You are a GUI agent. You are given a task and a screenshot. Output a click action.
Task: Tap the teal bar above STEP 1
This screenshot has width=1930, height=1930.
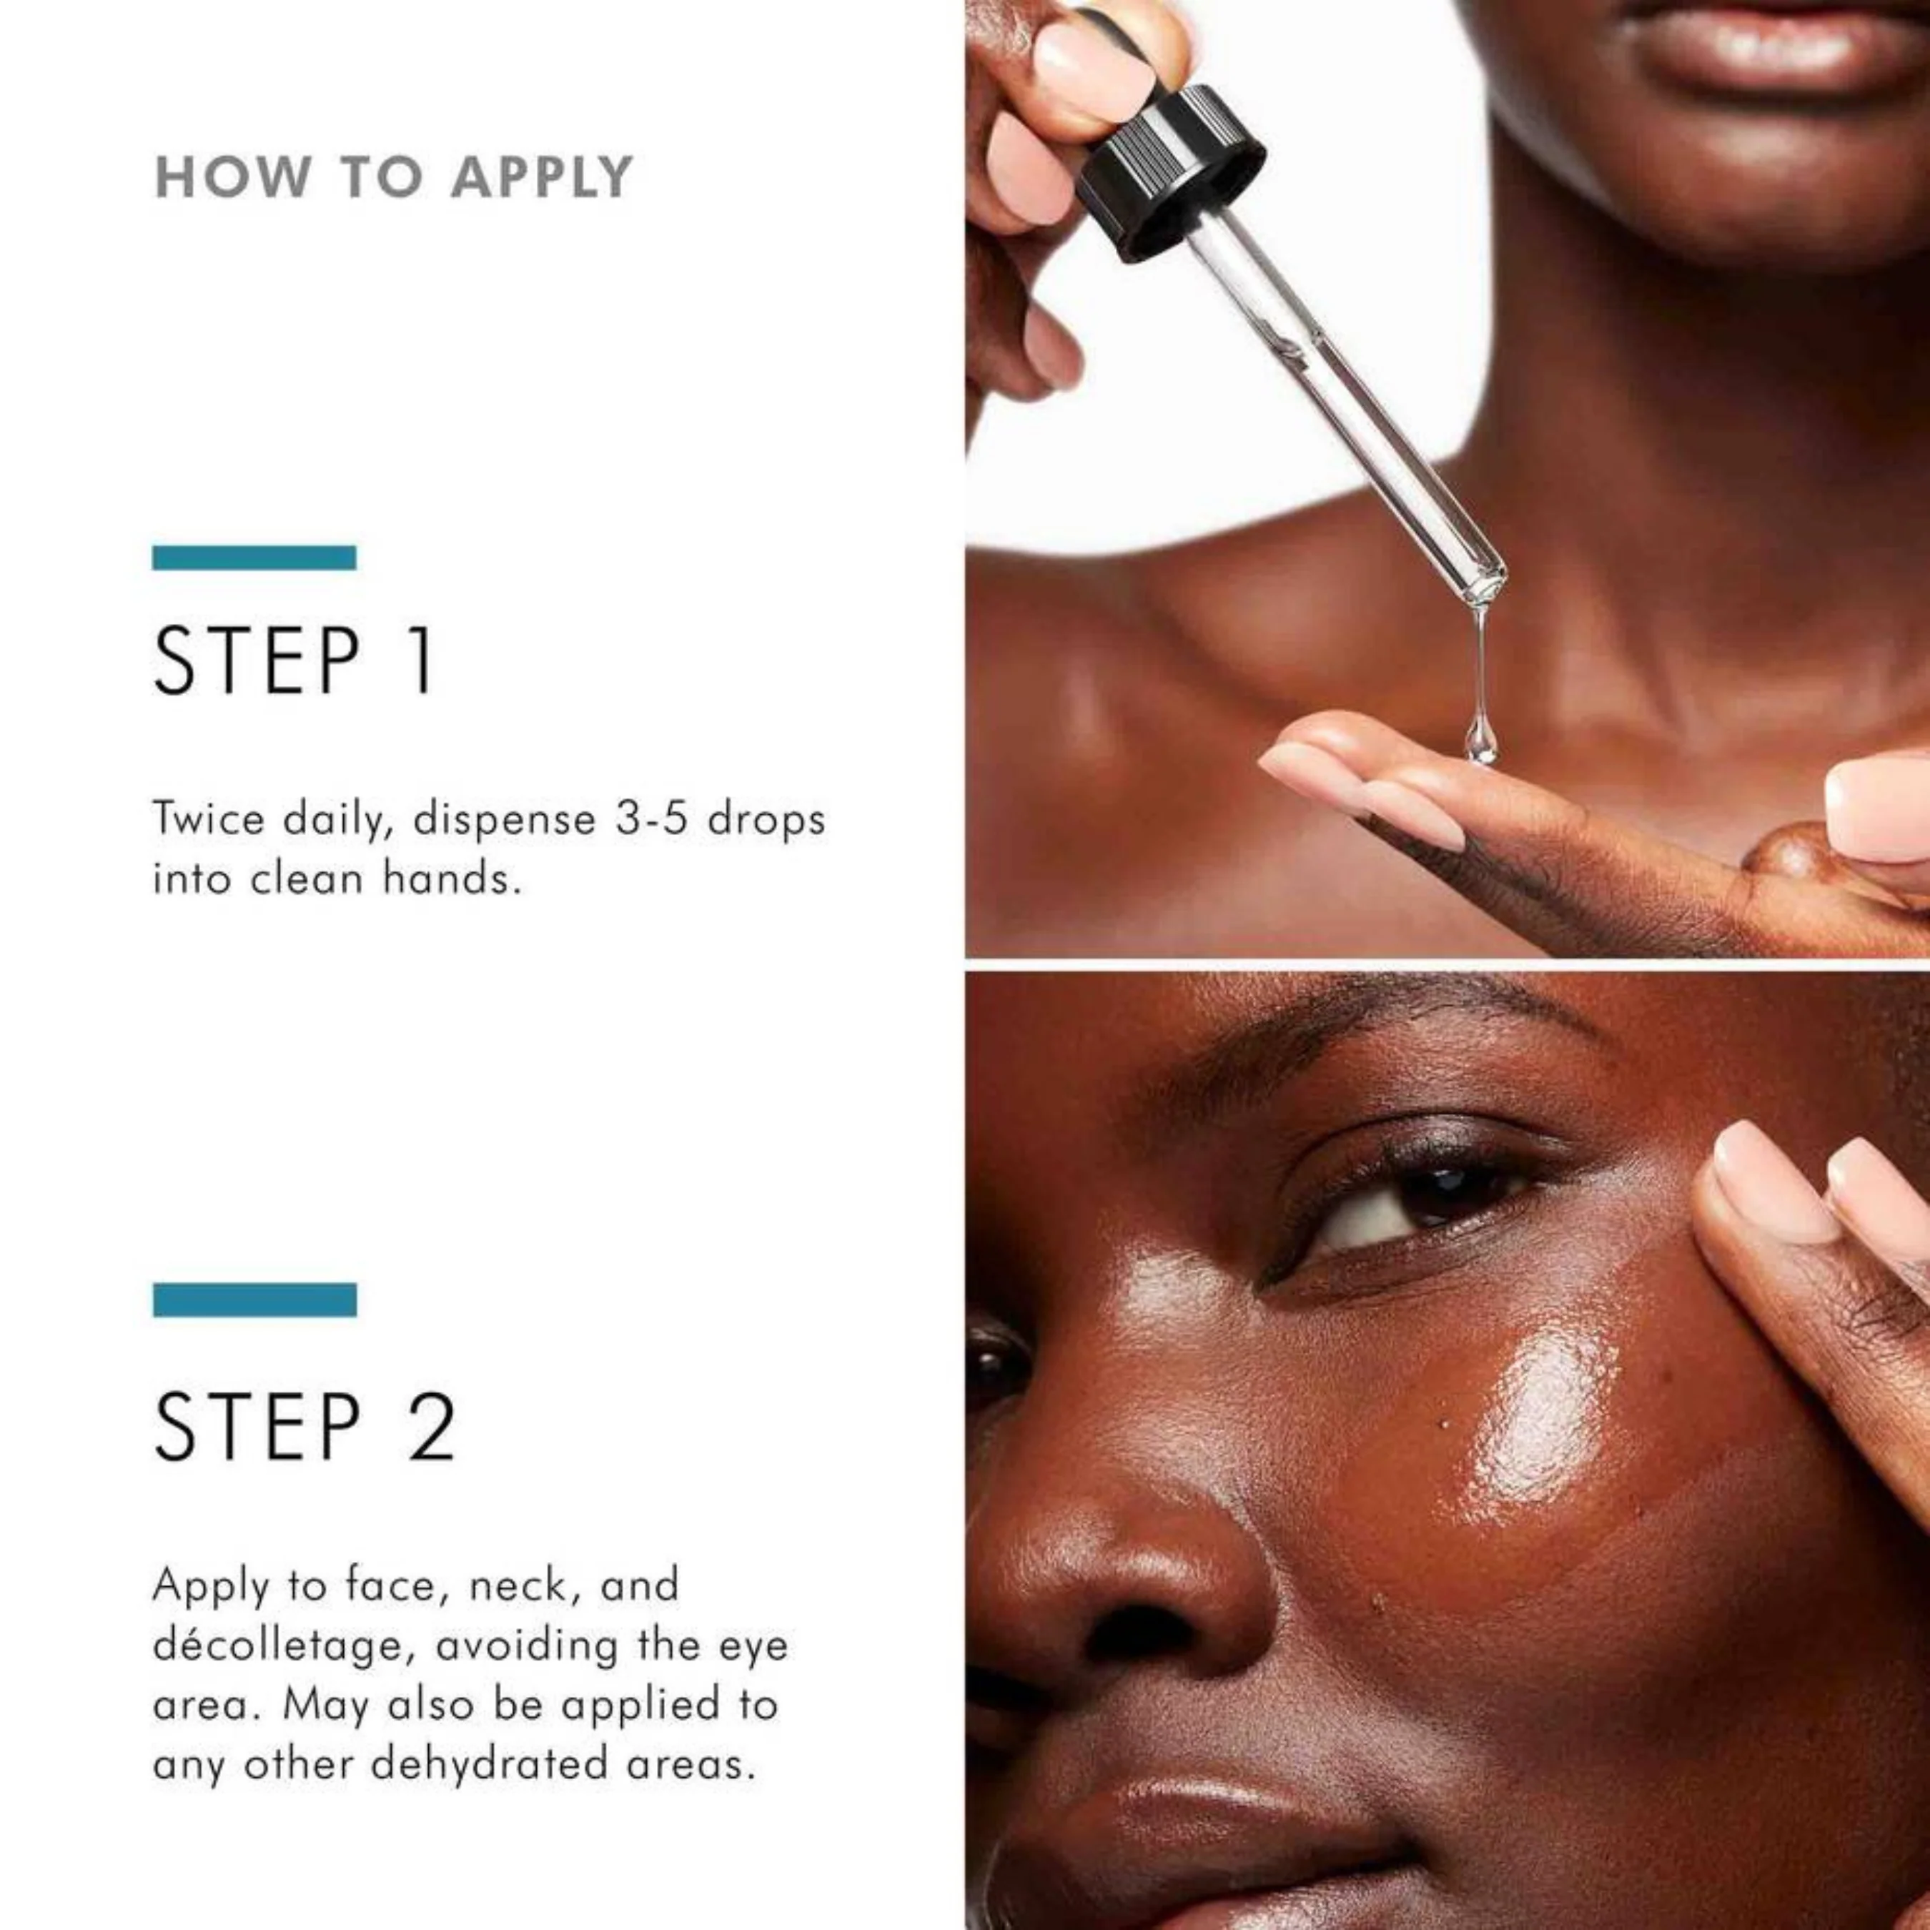coord(254,558)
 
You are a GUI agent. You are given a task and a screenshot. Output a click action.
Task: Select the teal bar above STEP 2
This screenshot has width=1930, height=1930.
coord(254,1300)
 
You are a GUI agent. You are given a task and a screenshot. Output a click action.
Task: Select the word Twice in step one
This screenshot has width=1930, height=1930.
coord(209,819)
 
